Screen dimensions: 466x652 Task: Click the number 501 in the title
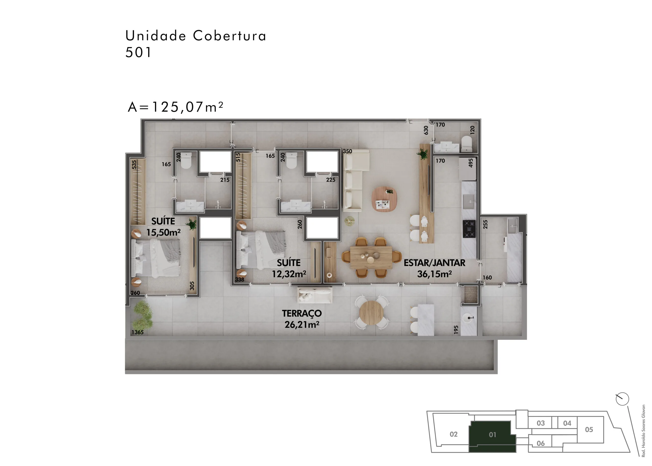tap(138, 52)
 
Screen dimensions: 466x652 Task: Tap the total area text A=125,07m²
tap(175, 107)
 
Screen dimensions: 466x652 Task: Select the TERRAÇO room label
tap(302, 313)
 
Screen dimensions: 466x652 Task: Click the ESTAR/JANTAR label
tap(434, 263)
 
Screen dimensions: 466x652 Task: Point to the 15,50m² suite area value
tap(163, 232)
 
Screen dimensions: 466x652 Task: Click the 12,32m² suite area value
tap(289, 274)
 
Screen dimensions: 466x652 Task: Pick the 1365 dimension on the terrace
tap(137, 332)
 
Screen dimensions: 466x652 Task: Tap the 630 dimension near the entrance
tap(426, 130)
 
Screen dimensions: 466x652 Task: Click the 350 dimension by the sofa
tap(347, 151)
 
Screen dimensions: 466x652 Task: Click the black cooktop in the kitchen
tap(469, 229)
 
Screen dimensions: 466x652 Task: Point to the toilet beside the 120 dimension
tap(466, 144)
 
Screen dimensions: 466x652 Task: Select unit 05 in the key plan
tap(589, 430)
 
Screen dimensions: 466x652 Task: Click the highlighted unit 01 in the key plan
tap(492, 435)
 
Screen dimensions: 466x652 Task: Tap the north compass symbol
tap(622, 399)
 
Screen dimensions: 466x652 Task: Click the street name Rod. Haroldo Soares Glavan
tap(643, 431)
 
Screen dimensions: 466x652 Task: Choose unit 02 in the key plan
tap(454, 434)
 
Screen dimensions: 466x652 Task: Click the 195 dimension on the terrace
tap(456, 330)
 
